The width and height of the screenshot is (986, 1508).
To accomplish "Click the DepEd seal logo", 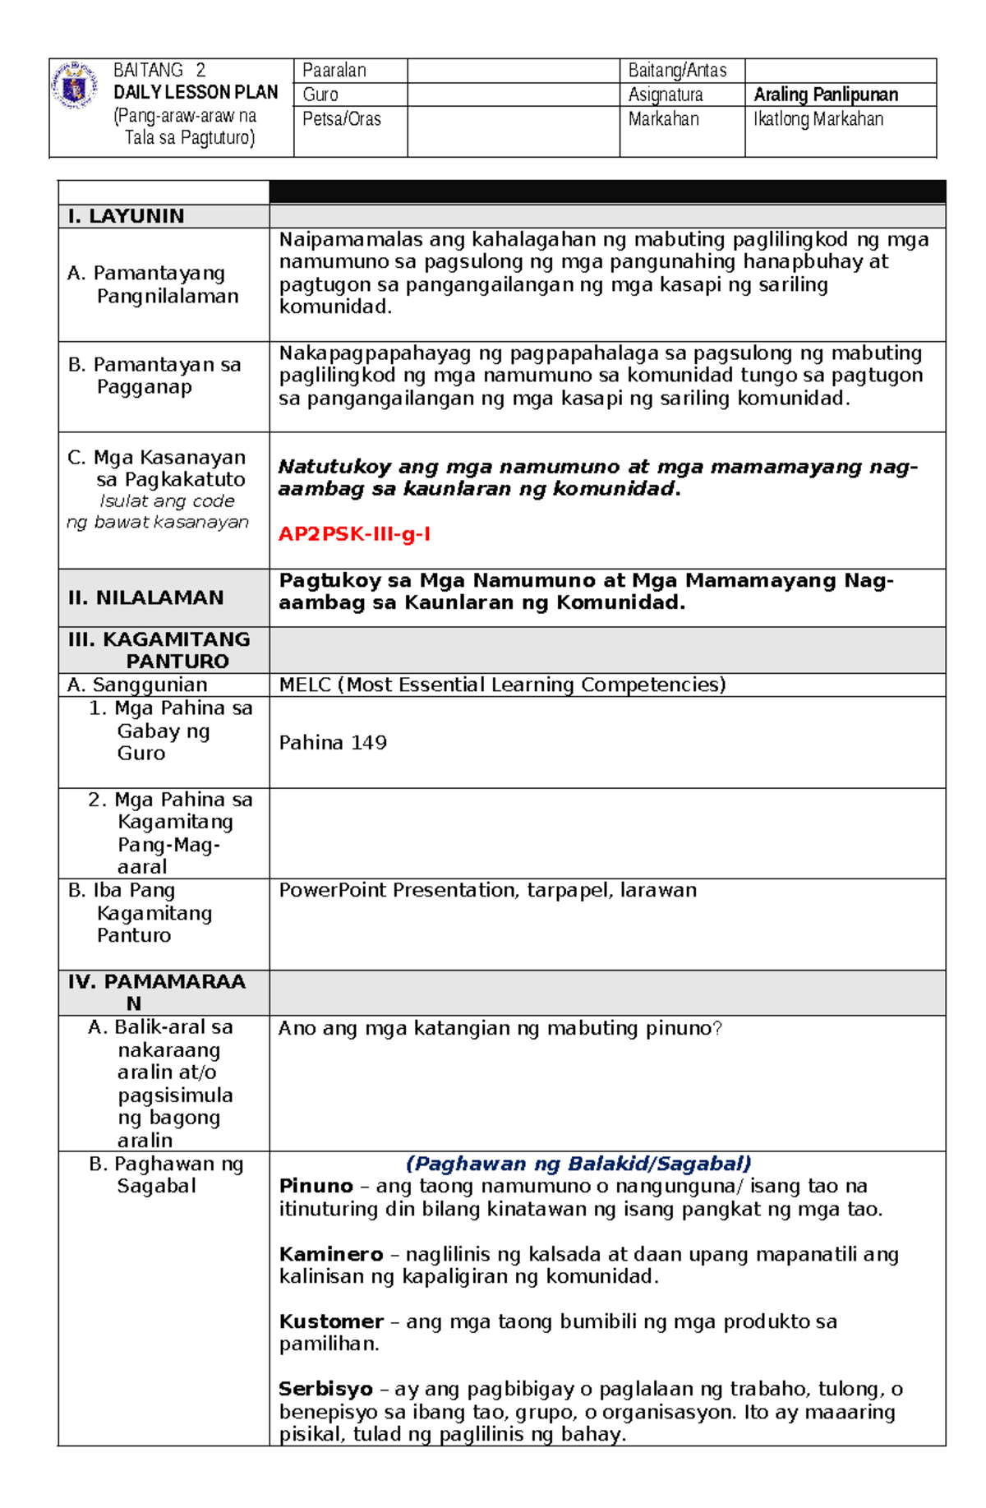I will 75,85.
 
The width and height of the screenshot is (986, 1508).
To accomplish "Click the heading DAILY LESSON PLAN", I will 196,92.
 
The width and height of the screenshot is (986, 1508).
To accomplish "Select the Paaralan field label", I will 334,71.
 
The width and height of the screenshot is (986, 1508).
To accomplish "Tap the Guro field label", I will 320,95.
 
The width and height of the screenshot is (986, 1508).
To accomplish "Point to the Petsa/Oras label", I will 341,119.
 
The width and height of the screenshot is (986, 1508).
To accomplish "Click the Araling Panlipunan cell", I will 825,95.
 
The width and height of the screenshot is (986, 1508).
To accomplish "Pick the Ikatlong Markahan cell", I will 818,119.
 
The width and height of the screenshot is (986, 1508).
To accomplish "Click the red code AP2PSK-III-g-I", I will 354,534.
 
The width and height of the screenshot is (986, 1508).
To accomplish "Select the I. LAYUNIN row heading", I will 126,216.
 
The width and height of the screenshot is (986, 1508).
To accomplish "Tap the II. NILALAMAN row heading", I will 145,597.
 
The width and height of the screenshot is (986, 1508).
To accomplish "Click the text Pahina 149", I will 332,743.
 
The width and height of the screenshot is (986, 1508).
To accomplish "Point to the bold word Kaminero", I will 330,1254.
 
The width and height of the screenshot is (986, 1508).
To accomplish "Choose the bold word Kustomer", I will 330,1321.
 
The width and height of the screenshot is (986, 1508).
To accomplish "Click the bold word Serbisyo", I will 325,1389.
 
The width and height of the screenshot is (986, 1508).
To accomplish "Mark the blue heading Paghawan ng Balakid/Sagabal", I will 578,1164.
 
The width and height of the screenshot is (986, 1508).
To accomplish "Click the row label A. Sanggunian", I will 137,685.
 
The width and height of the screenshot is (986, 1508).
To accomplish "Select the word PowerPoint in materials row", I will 330,890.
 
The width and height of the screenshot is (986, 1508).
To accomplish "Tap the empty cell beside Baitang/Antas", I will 840,71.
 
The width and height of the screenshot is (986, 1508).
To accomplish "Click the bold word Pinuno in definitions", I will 316,1186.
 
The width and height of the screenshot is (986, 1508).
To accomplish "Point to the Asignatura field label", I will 665,95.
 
